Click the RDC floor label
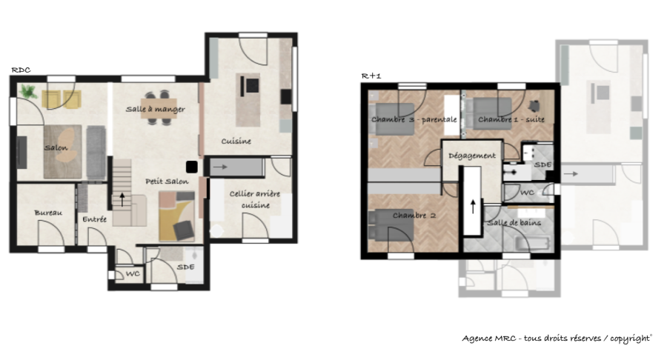(21, 70)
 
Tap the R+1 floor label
(371, 76)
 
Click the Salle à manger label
(156, 109)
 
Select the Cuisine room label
(236, 141)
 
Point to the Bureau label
(48, 213)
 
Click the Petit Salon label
(167, 181)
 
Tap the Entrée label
(94, 219)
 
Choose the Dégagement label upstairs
(472, 156)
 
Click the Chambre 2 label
(414, 216)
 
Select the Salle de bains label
(514, 223)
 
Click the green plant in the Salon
(28, 91)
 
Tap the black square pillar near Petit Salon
(191, 167)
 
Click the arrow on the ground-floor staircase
(122, 200)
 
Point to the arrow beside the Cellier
(220, 167)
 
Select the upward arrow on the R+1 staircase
(473, 207)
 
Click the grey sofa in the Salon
(96, 152)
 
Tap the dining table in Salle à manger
(159, 109)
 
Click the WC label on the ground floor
(133, 274)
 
